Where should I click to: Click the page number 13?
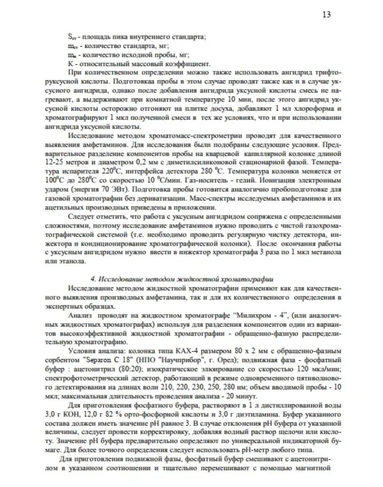click(326, 15)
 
